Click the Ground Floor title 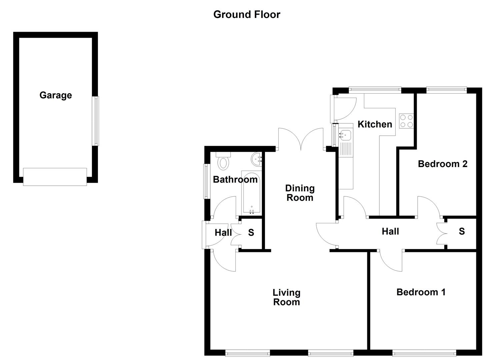(247, 14)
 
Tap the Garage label (56, 95)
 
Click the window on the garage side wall (96, 121)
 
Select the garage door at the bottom (55, 177)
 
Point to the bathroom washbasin (257, 159)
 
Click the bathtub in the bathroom (252, 193)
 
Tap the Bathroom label (235, 180)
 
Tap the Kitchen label (375, 124)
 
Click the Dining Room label (300, 193)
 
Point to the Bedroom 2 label (442, 164)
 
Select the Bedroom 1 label (421, 292)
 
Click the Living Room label (286, 297)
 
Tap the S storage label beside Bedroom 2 (462, 231)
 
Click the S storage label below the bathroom (251, 233)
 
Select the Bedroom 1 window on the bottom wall (424, 353)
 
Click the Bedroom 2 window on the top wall (446, 89)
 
